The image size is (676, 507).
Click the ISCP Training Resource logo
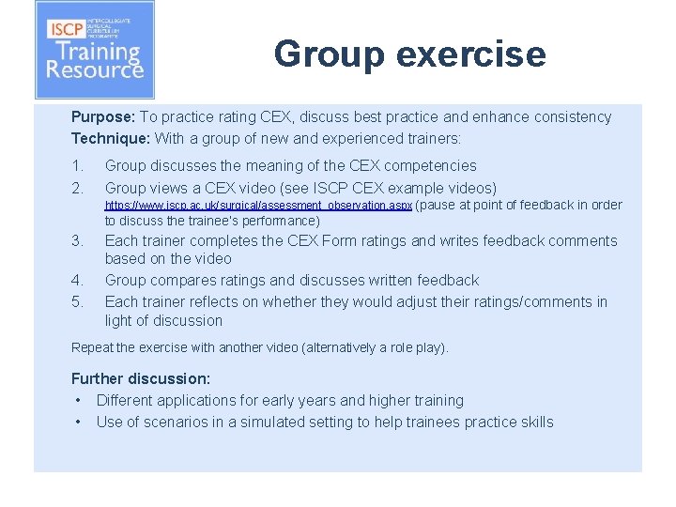94,50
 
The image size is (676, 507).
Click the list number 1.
77,166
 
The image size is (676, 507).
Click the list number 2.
77,188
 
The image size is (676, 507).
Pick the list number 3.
77,241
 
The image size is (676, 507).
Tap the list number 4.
77,281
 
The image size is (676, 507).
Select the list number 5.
77,302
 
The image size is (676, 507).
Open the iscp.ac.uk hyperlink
258,206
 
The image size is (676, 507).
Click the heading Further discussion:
141,379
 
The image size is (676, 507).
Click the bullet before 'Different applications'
78,401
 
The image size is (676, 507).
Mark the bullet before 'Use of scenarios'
78,422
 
